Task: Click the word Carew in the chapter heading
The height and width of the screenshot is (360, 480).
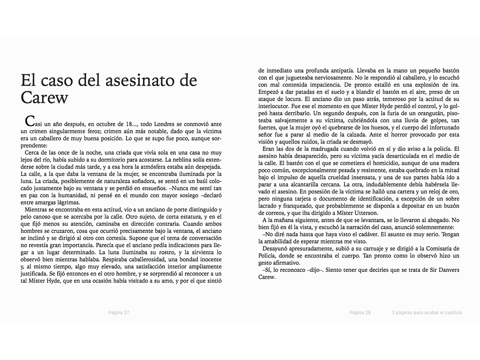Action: coord(45,97)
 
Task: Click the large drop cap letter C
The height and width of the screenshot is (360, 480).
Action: coord(29,121)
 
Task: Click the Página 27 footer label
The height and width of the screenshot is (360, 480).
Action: coord(119,313)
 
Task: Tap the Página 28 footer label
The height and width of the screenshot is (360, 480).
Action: coord(360,313)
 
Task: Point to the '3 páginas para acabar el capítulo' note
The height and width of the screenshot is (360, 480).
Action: coord(427,313)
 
